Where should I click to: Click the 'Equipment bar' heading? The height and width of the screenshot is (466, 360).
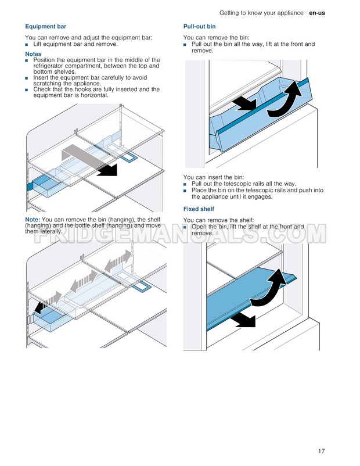pos(46,27)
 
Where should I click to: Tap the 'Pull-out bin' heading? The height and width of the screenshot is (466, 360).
pos(200,27)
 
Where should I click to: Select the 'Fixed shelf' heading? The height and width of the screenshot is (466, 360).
pos(199,209)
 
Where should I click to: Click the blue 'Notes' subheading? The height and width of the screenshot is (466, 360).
pos(33,54)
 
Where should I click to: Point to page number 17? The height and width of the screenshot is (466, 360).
pos(321,451)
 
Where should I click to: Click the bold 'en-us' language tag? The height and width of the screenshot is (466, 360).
pos(317,13)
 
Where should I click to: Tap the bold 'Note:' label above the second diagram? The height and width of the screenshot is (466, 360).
pos(33,220)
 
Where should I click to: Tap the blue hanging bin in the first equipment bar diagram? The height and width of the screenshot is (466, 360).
pos(43,186)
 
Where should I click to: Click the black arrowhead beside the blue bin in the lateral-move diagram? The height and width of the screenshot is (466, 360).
pos(39,308)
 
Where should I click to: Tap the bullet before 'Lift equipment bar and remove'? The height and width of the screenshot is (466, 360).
pos(27,45)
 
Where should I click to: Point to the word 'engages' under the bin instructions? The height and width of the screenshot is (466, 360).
pos(261,197)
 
